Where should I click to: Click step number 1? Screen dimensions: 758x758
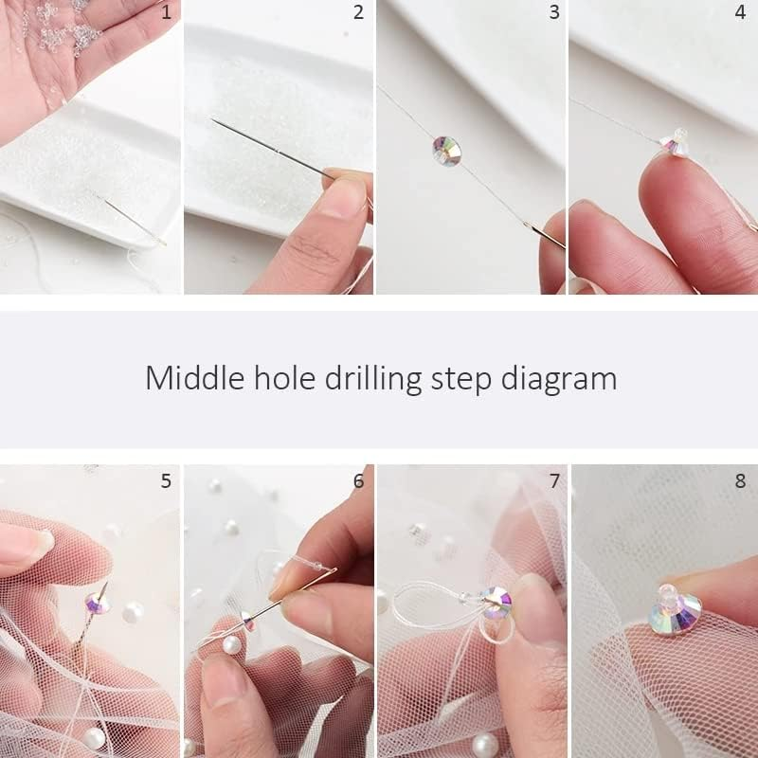(x=167, y=12)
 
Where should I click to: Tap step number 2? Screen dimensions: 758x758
(x=358, y=12)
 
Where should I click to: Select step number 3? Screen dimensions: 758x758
(x=553, y=12)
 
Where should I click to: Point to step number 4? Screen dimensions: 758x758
(x=740, y=12)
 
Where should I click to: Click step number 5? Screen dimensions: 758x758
(x=166, y=481)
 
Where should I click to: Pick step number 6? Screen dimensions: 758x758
(x=358, y=481)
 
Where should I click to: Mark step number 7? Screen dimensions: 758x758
(x=554, y=481)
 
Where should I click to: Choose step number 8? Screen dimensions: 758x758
(x=740, y=481)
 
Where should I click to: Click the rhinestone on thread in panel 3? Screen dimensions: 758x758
(x=446, y=149)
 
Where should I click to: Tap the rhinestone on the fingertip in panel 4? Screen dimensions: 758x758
(x=675, y=144)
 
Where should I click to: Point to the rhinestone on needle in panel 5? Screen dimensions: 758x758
(x=96, y=602)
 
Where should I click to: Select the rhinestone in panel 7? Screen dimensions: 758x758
(x=495, y=601)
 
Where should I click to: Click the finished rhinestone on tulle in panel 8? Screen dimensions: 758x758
(x=676, y=613)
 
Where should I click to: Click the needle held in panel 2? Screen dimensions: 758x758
(x=270, y=147)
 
